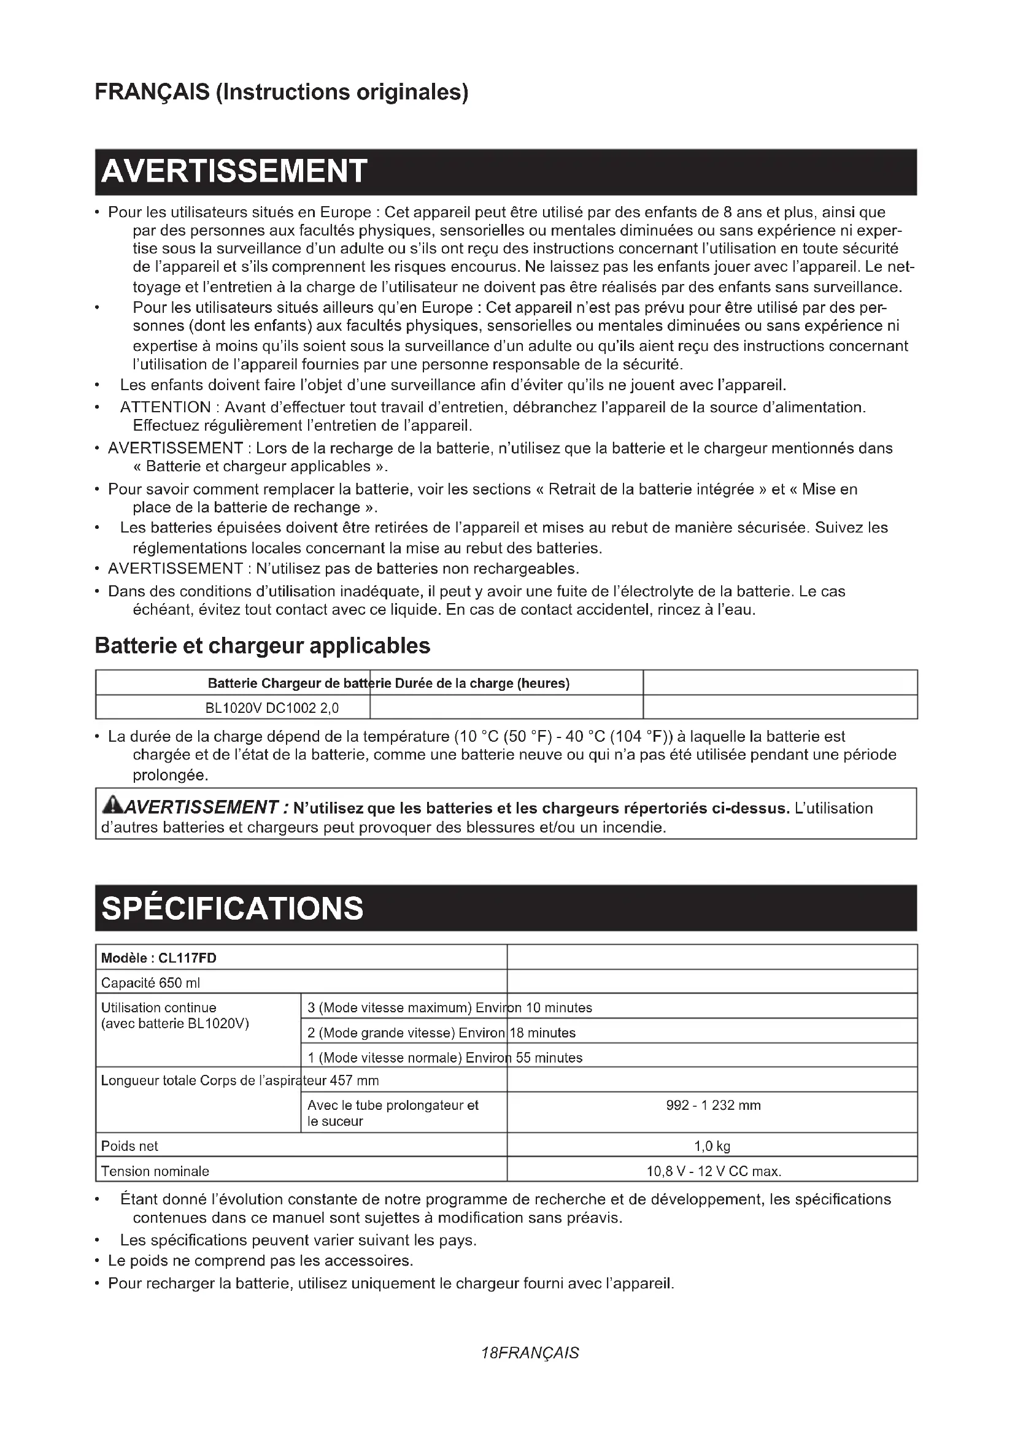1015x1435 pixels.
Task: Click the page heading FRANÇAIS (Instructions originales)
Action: point(281,92)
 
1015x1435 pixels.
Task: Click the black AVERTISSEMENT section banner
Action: point(505,172)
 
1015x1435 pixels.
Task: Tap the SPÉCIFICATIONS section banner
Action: point(505,908)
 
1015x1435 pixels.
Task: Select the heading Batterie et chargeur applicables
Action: point(263,645)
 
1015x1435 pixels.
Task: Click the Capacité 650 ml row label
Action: point(150,983)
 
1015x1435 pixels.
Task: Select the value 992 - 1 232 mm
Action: point(713,1105)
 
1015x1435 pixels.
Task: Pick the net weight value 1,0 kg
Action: point(712,1146)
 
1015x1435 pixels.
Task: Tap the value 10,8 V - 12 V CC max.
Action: point(714,1171)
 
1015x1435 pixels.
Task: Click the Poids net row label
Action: point(129,1146)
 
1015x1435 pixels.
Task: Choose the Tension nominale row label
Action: point(155,1171)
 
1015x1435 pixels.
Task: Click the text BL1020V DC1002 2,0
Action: point(272,708)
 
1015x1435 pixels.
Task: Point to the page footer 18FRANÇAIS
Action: point(530,1353)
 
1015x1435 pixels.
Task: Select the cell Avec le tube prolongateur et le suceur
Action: point(393,1113)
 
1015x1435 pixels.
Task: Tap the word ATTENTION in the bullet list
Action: point(166,407)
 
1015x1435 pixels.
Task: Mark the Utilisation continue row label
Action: point(159,1007)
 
